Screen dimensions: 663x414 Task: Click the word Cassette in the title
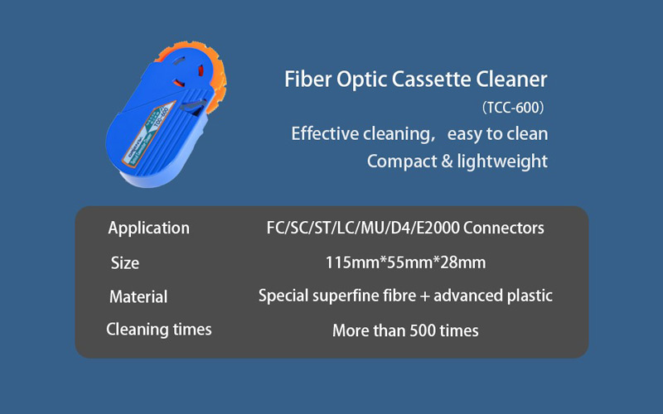tap(431, 79)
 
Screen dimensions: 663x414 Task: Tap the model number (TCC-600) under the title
tap(513, 108)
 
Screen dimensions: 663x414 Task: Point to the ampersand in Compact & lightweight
tap(447, 161)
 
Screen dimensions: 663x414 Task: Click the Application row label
tap(149, 229)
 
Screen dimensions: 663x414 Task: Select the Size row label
tap(125, 262)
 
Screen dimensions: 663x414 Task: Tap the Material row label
tap(138, 296)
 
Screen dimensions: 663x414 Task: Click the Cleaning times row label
tap(159, 330)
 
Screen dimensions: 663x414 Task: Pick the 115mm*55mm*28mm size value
tap(405, 262)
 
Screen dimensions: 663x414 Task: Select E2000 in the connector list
tap(438, 228)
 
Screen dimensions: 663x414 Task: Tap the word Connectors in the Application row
tap(504, 228)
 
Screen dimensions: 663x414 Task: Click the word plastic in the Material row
tap(530, 296)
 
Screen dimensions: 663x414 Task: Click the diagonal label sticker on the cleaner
tap(148, 133)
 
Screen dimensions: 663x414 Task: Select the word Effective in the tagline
tap(325, 134)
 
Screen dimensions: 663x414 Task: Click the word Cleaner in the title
tap(511, 79)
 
